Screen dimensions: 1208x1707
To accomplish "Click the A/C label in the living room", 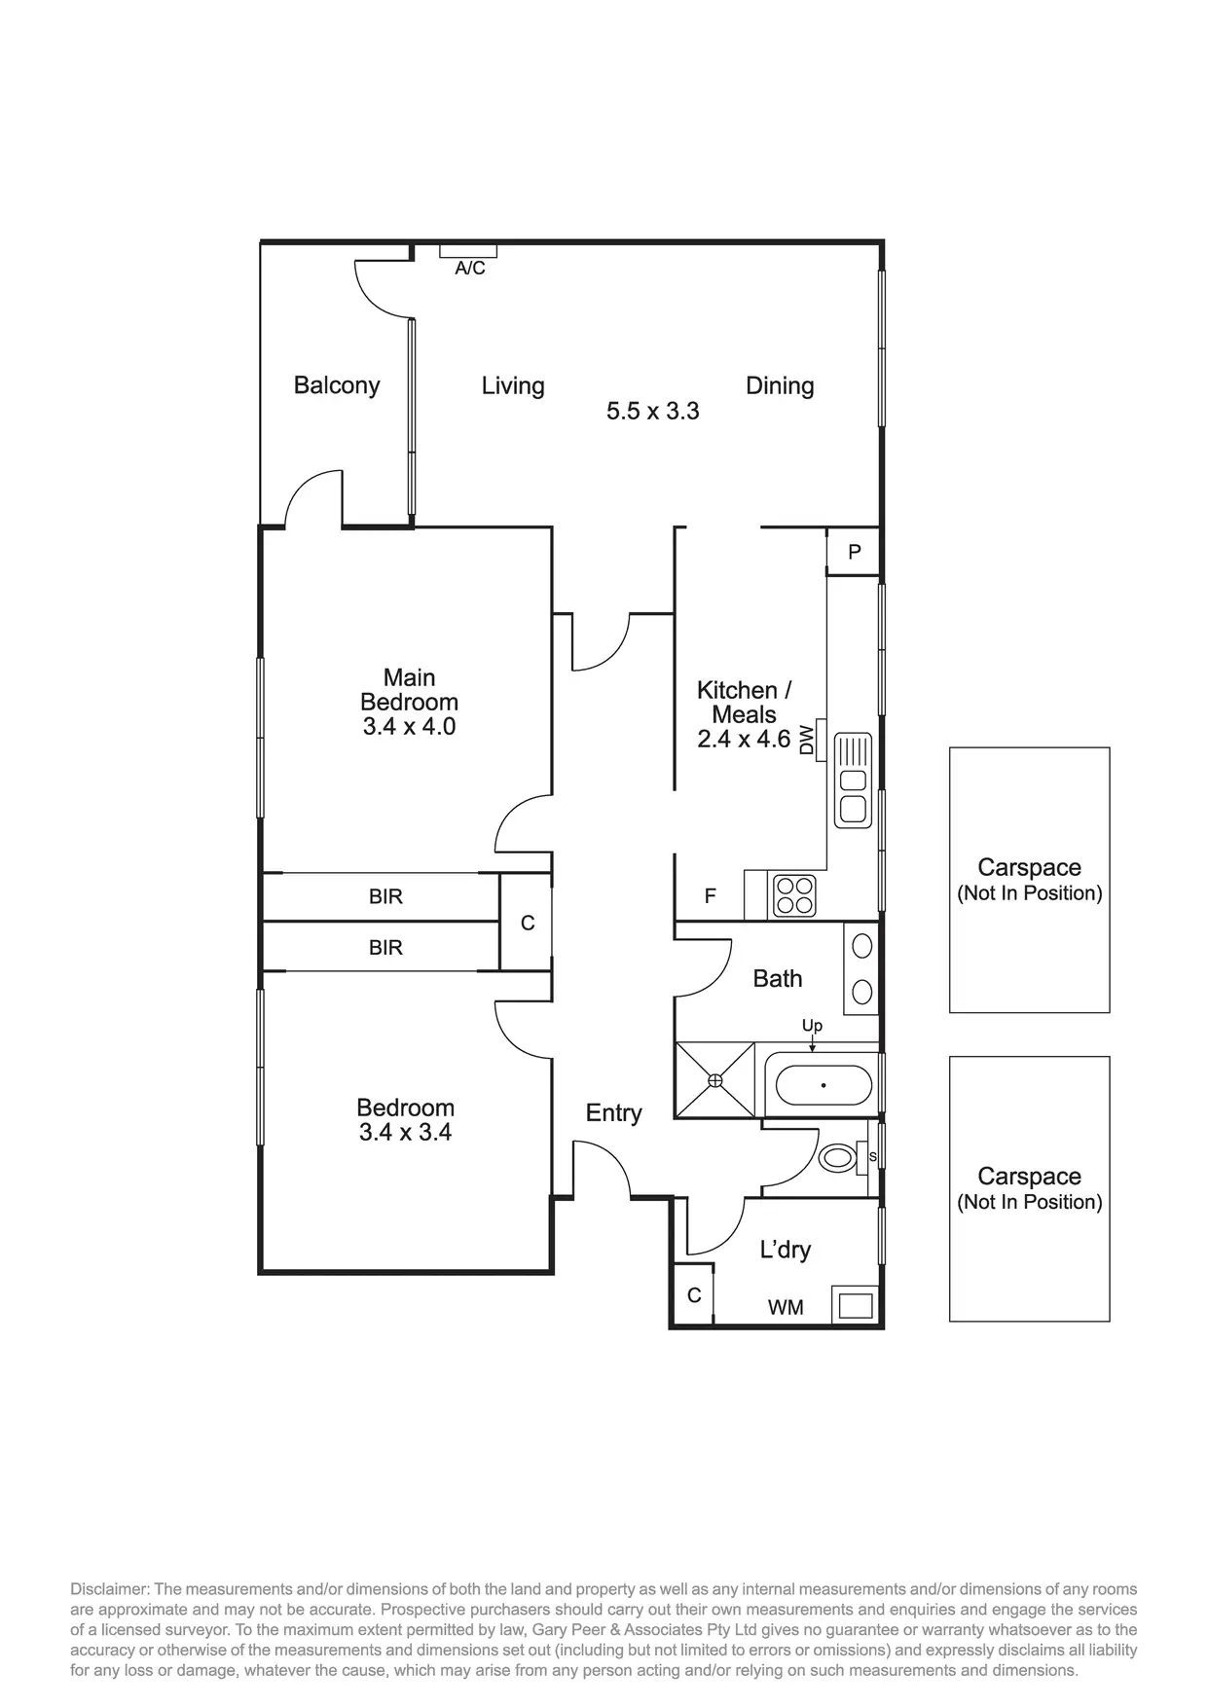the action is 470,268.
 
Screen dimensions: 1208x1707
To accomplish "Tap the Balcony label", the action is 337,385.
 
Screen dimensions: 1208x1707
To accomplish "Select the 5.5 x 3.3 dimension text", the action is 653,411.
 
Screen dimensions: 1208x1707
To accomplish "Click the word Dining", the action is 780,385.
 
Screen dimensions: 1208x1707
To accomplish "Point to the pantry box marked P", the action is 854,552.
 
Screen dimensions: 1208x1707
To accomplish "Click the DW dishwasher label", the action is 806,740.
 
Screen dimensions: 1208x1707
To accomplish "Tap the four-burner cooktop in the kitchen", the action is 793,895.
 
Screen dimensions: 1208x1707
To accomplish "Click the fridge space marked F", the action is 710,896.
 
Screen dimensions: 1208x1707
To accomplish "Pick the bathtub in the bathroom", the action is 824,1084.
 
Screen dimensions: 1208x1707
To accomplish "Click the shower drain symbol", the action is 715,1080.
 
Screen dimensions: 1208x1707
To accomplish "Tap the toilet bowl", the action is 836,1158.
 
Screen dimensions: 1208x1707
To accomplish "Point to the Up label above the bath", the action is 812,1026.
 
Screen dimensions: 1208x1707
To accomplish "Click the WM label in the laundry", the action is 786,1308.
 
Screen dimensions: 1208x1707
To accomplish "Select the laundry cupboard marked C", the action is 694,1295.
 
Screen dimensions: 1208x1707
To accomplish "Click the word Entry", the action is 613,1113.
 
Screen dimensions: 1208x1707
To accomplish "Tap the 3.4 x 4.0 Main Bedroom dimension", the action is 409,726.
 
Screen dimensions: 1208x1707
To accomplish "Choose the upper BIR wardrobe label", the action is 385,896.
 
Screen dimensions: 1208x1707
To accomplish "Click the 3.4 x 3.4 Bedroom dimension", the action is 405,1132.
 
